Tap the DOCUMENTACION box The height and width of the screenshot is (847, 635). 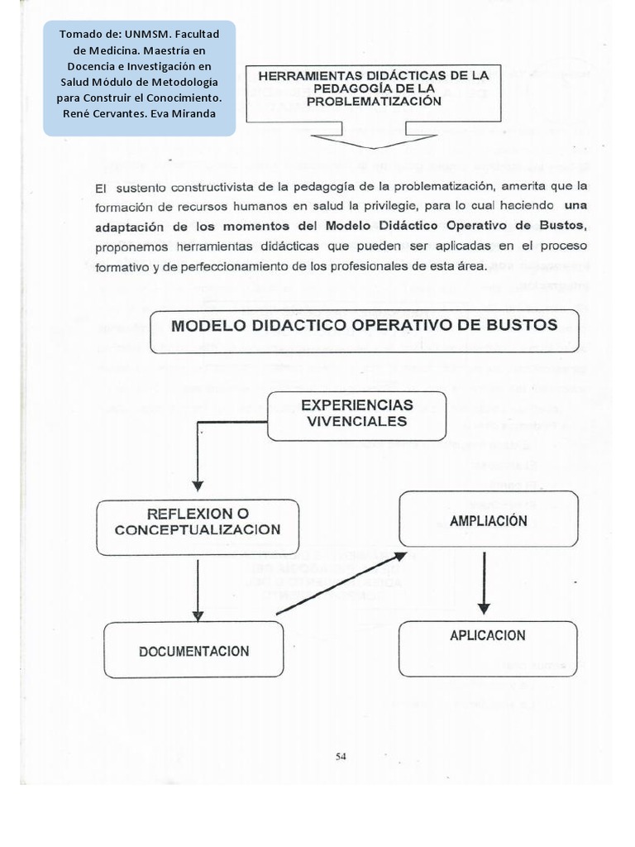(193, 651)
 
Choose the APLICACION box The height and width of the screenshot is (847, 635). (488, 636)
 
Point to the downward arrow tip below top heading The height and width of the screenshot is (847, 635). (375, 146)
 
